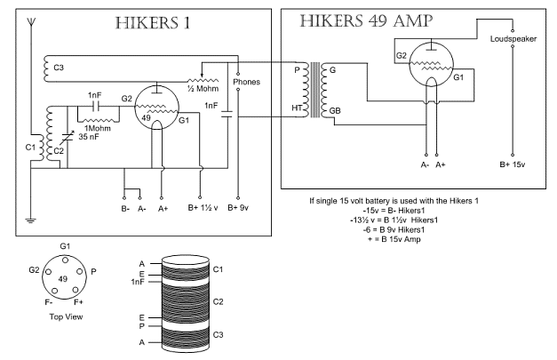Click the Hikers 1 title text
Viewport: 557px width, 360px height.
click(153, 23)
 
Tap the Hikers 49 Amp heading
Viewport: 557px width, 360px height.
click(366, 21)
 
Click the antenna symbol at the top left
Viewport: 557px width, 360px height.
click(31, 23)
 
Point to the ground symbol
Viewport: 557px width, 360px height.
click(31, 220)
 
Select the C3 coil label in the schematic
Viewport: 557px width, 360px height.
click(59, 68)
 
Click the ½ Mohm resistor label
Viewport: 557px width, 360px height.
click(203, 89)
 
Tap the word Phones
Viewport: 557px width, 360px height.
click(247, 82)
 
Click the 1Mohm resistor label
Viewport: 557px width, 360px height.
click(98, 128)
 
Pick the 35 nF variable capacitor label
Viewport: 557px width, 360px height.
click(89, 137)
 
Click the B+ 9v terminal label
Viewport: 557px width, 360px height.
click(238, 207)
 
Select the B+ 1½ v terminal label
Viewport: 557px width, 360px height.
click(203, 207)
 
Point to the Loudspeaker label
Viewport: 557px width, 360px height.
click(513, 39)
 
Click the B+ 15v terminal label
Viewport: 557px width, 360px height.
click(513, 164)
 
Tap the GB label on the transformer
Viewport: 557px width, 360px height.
click(335, 110)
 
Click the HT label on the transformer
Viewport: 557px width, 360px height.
click(297, 108)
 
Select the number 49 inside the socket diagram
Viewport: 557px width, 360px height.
click(63, 278)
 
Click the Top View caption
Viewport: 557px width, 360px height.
click(66, 316)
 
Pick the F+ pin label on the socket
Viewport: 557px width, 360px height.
click(78, 302)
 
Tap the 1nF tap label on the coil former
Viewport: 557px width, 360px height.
click(138, 282)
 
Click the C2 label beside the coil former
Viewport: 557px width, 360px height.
click(219, 301)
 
